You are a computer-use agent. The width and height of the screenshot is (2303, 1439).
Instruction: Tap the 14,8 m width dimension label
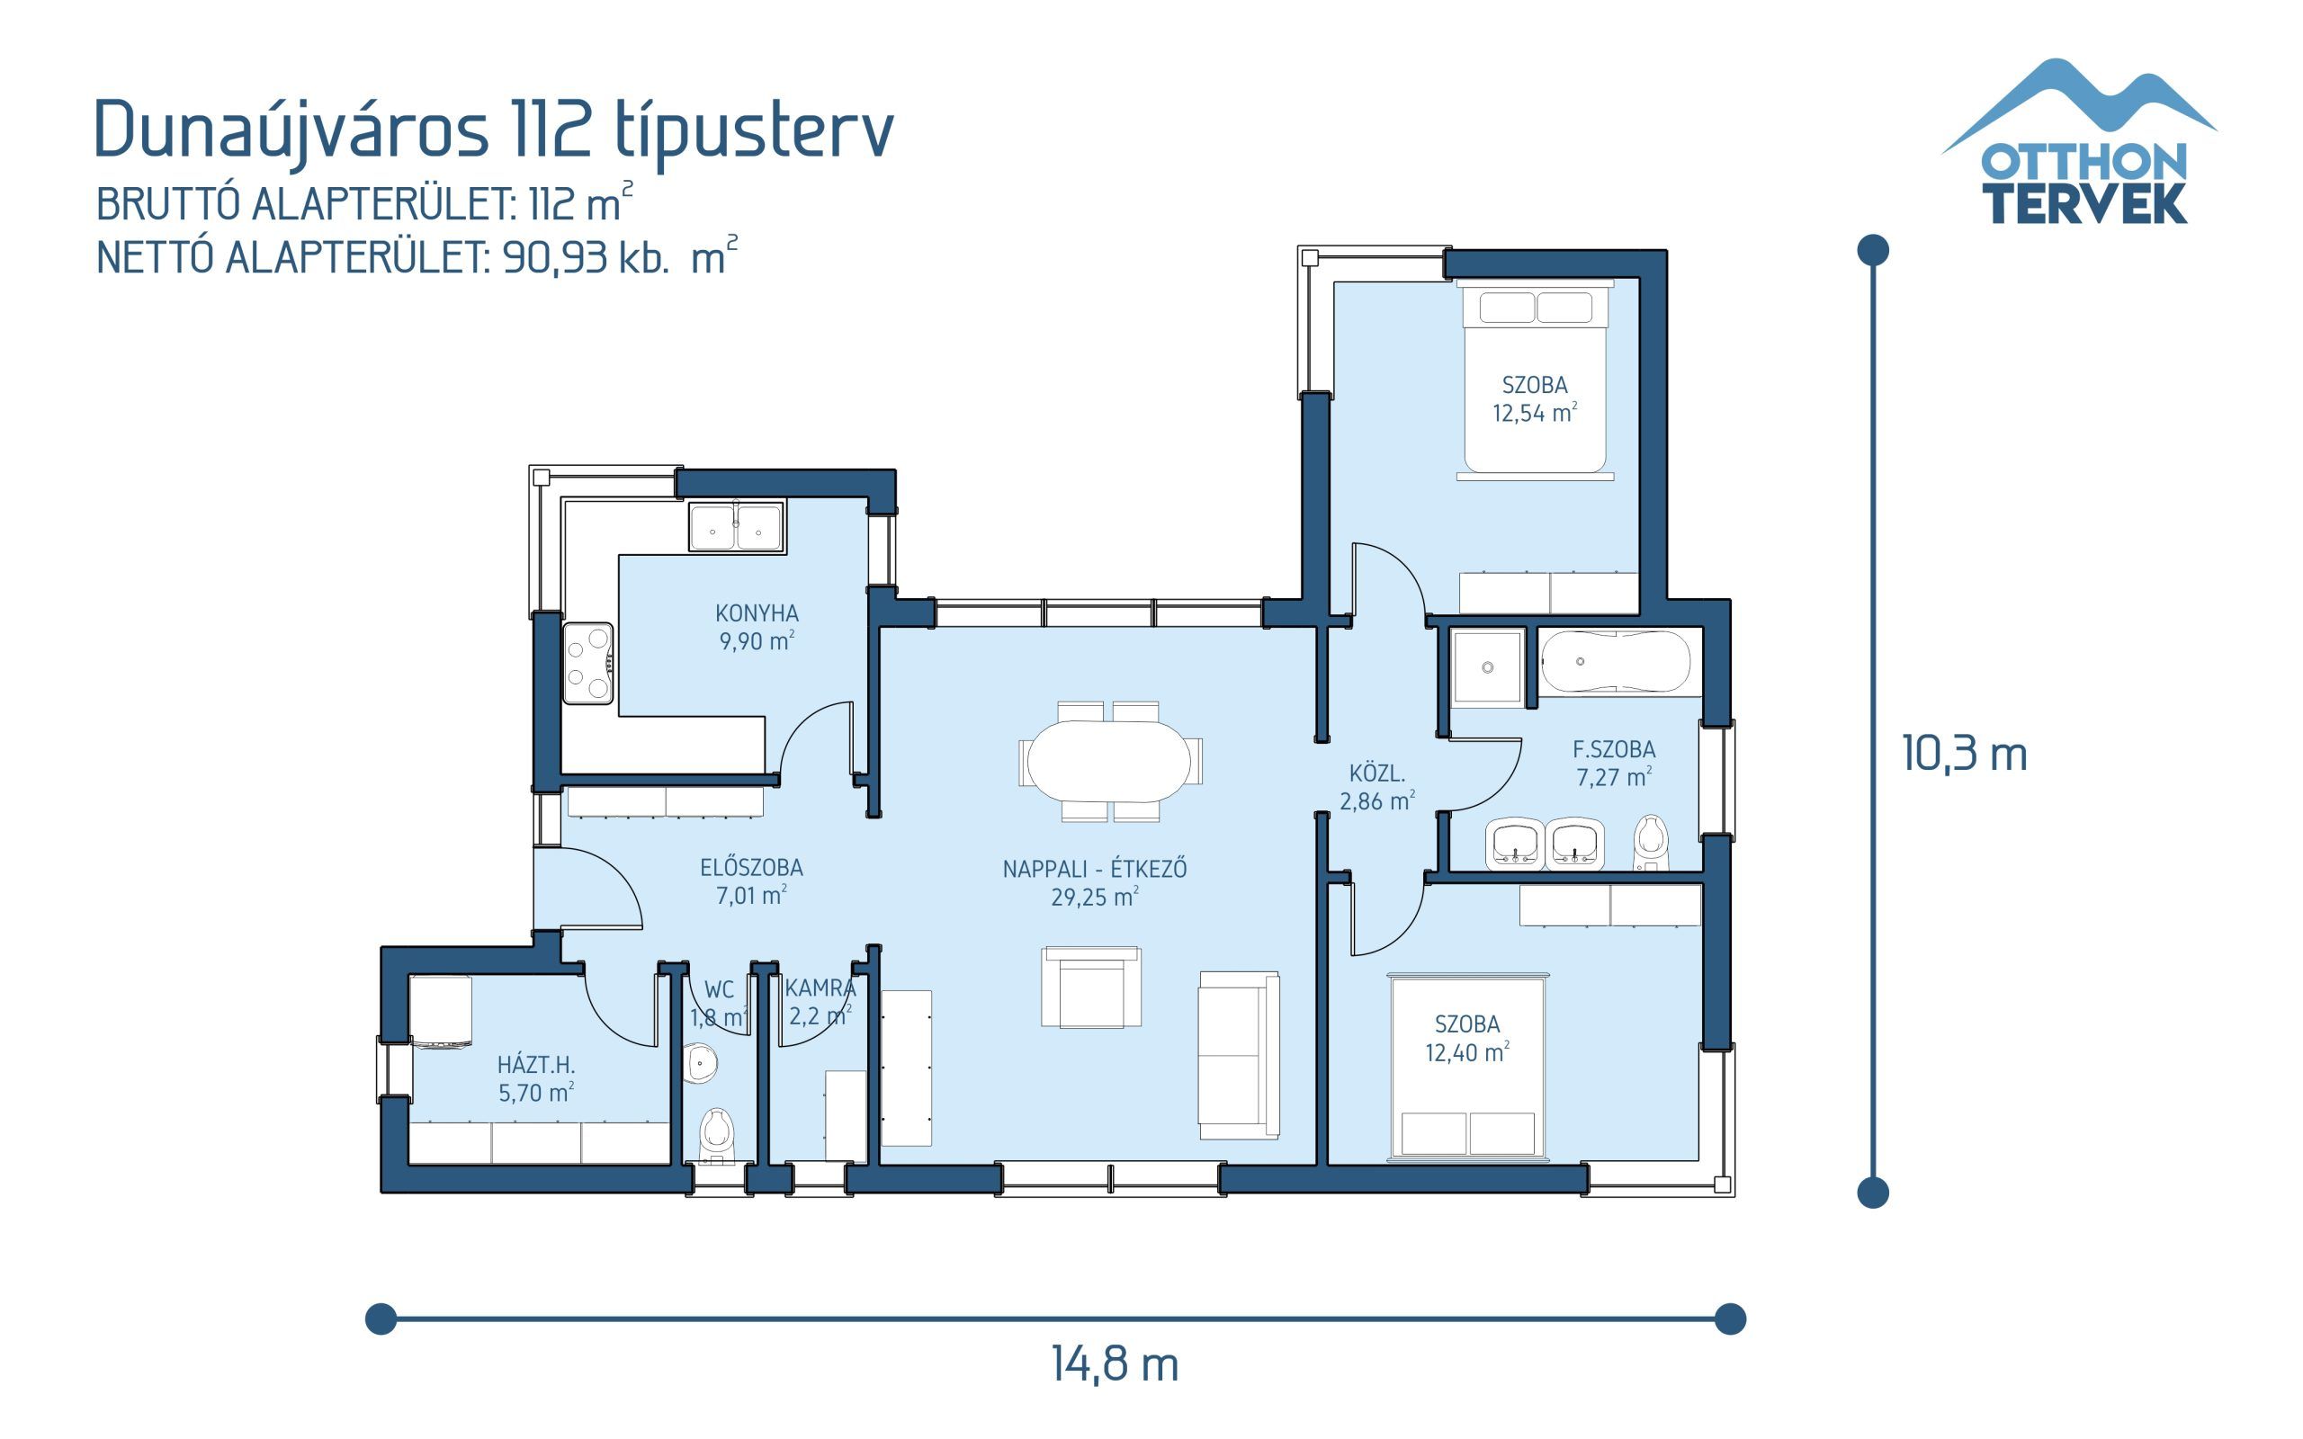1115,1363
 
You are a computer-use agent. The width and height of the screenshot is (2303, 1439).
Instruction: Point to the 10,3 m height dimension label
1964,754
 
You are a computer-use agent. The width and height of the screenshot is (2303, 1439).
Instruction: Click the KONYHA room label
757,612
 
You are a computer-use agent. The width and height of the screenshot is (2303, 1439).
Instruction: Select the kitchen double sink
736,527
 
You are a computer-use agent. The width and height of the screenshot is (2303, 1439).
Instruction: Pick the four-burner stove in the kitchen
587,663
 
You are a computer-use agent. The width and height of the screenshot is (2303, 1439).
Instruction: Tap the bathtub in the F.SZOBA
1615,661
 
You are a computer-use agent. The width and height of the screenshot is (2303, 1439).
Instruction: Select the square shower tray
1486,667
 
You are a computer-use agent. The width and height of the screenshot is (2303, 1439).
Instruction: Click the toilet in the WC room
716,1134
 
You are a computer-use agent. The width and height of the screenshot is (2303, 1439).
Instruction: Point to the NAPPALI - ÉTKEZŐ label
1095,868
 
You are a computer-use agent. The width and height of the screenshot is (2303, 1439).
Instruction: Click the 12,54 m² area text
1534,413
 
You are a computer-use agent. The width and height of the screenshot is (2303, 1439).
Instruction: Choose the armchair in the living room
1090,987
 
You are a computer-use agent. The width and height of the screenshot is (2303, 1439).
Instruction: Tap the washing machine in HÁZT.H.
441,1012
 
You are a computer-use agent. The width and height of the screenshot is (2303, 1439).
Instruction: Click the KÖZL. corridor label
1376,773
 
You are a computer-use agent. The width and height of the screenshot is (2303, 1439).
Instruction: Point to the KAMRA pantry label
820,988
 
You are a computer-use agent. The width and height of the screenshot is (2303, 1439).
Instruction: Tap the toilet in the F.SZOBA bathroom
1650,841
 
